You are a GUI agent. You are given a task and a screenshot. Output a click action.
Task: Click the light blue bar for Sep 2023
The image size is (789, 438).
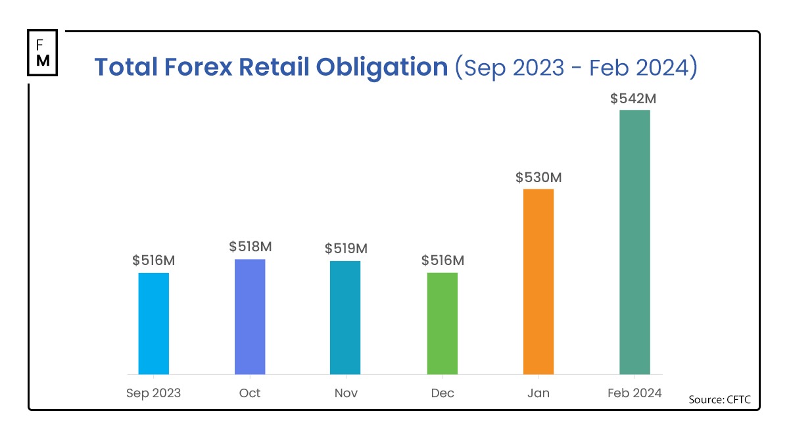pos(153,324)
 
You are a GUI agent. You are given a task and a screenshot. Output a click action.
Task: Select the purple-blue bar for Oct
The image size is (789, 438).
pos(250,317)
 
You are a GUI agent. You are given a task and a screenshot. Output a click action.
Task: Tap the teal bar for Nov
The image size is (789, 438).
pos(345,318)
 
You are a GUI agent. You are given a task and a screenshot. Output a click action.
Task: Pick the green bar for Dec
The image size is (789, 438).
pos(442,324)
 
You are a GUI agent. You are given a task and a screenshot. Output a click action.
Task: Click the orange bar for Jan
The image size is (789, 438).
pos(538,281)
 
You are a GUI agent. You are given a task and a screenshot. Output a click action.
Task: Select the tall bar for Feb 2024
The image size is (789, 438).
pos(634,242)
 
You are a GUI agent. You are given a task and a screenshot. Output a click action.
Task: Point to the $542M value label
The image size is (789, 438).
pos(634,99)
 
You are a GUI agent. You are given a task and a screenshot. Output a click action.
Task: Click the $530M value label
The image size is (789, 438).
pos(538,178)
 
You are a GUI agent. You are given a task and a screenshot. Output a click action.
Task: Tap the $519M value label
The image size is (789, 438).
pos(346,249)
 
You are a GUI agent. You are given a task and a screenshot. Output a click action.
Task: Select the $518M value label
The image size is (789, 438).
pos(251,247)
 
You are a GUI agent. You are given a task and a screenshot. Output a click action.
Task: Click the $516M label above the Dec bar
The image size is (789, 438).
pos(442,260)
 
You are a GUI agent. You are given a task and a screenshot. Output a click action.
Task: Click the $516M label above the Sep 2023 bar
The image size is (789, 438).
pos(154,260)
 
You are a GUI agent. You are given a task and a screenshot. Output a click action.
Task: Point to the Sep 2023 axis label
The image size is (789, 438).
pos(153,393)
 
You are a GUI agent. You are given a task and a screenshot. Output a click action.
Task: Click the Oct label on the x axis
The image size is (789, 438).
pos(250,393)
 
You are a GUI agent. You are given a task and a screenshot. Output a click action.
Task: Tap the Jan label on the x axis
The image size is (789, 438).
pos(538,393)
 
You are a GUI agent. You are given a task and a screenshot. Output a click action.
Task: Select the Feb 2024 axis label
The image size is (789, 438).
pos(634,393)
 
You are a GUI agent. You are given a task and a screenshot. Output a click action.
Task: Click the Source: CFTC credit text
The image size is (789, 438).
pos(719,399)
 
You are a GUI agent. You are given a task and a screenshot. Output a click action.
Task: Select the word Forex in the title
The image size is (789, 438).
pos(197,68)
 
